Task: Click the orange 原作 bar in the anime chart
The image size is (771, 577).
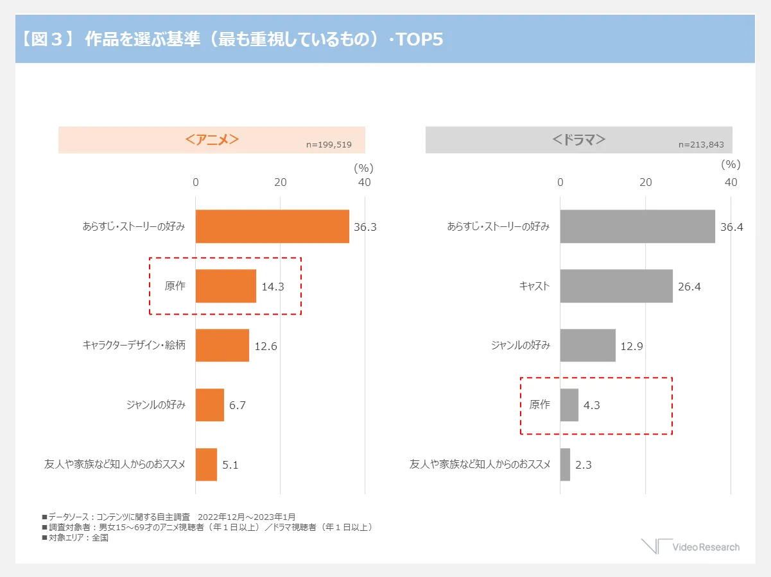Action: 225,286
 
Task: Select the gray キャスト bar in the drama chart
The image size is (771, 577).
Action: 616,286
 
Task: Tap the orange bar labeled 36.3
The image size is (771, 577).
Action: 272,226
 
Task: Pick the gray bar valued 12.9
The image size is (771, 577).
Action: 587,346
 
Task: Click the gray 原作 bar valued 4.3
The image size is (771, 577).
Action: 569,405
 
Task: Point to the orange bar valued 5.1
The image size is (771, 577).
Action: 206,464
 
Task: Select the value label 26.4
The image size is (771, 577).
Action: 689,287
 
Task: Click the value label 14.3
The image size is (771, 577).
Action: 273,287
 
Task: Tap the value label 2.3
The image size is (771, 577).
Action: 584,465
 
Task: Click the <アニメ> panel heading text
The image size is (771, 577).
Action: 212,139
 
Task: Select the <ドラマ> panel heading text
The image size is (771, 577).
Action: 579,139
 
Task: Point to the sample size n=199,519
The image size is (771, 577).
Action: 329,145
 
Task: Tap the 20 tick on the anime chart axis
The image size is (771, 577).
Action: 281,182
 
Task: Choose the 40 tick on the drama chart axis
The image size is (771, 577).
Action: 731,182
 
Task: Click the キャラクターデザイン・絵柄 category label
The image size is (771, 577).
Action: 134,346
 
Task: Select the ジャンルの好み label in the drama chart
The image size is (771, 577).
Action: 520,346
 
